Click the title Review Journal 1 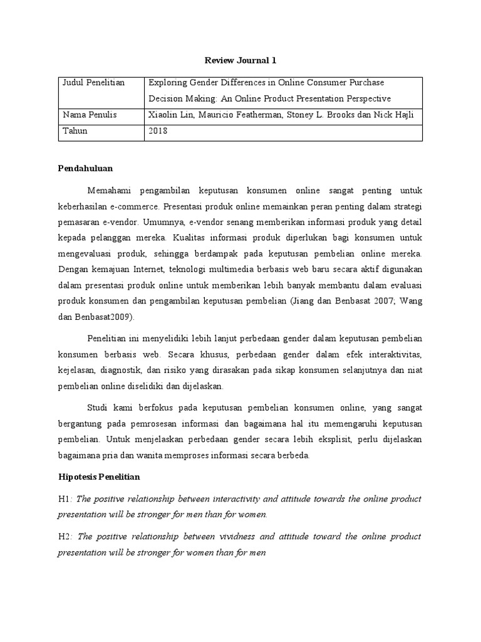point(240,60)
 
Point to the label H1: point(65,498)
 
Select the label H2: point(65,537)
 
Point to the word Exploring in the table point(168,83)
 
